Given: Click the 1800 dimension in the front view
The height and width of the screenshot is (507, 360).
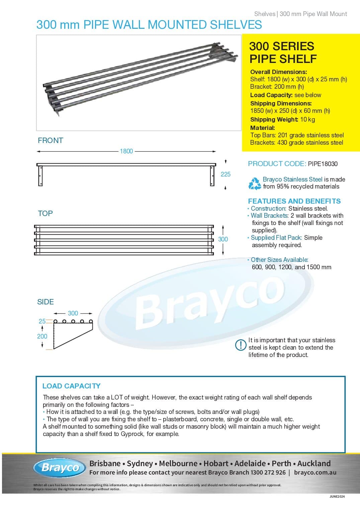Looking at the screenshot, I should click(126, 151).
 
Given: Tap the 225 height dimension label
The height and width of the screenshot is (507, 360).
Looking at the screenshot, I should click(226, 174).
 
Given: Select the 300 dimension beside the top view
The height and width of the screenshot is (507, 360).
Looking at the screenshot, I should click(223, 239).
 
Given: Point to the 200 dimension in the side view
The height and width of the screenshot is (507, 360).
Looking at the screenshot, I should click(42, 336).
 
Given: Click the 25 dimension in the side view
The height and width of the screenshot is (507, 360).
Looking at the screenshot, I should click(42, 321).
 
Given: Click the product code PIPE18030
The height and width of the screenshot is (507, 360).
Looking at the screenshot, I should click(323, 164).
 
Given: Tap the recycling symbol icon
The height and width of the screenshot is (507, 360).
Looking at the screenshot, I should click(255, 184).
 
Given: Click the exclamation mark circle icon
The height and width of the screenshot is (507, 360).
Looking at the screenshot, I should click(241, 345).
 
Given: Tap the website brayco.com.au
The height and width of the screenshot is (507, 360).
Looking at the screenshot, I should click(315, 473).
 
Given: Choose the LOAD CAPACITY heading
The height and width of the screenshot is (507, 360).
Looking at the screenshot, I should click(71, 386).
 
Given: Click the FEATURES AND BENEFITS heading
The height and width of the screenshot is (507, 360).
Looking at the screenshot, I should click(294, 201).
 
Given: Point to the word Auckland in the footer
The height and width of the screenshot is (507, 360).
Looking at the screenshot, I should click(314, 463).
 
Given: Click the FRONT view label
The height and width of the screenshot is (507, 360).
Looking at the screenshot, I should click(51, 140).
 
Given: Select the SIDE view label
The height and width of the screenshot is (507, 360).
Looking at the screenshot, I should click(46, 302).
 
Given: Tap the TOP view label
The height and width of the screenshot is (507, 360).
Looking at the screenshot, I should click(45, 213).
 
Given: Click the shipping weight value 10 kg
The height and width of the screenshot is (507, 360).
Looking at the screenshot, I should click(307, 120).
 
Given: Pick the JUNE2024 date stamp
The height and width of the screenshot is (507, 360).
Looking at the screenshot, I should click(337, 497).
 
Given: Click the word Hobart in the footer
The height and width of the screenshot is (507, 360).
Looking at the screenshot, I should click(216, 463).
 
